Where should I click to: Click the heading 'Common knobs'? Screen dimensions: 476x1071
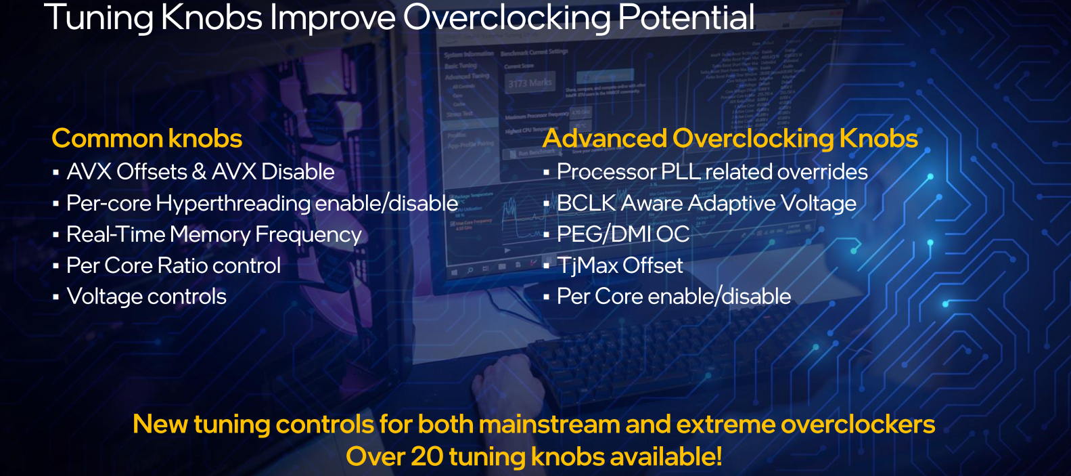pos(147,139)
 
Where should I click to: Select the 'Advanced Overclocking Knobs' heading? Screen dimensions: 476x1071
pos(729,139)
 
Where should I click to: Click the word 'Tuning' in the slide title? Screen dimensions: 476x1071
pos(99,18)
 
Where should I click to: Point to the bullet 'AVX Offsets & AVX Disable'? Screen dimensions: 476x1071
pos(200,172)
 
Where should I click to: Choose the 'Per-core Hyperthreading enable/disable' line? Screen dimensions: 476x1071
pos(262,203)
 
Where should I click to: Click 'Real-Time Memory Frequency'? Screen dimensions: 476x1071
pos(214,234)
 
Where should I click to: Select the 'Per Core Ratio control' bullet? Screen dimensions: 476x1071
pos(173,265)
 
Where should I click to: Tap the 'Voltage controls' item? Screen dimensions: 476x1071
pos(147,297)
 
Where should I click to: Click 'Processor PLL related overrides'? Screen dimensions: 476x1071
pos(712,172)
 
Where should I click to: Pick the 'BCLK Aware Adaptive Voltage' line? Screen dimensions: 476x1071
pos(706,203)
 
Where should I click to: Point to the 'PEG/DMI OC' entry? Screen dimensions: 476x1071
pos(622,234)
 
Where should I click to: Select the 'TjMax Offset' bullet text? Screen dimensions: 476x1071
pos(620,265)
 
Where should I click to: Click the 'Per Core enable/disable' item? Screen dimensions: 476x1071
pos(674,297)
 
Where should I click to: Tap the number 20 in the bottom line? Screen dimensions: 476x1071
pos(427,457)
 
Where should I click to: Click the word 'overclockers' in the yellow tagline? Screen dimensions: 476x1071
pos(858,425)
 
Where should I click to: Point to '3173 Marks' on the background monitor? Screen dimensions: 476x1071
pos(530,83)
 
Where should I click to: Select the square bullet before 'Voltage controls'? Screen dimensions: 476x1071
pos(55,297)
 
